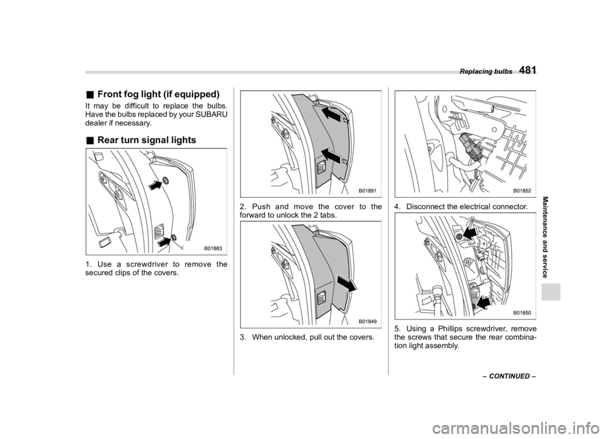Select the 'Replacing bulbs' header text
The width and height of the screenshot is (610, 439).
[486, 72]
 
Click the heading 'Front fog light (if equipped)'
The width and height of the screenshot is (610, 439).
[158, 94]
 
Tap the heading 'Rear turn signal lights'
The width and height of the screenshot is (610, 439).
[147, 140]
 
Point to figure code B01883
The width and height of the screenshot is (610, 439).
[213, 248]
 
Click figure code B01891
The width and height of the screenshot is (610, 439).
[368, 191]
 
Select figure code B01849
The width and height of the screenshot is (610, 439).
[368, 321]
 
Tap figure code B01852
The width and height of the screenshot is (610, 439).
[522, 191]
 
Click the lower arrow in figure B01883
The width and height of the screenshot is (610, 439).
[165, 241]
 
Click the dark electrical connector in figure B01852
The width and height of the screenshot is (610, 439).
[470, 146]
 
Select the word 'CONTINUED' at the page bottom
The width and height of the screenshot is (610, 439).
[510, 376]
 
